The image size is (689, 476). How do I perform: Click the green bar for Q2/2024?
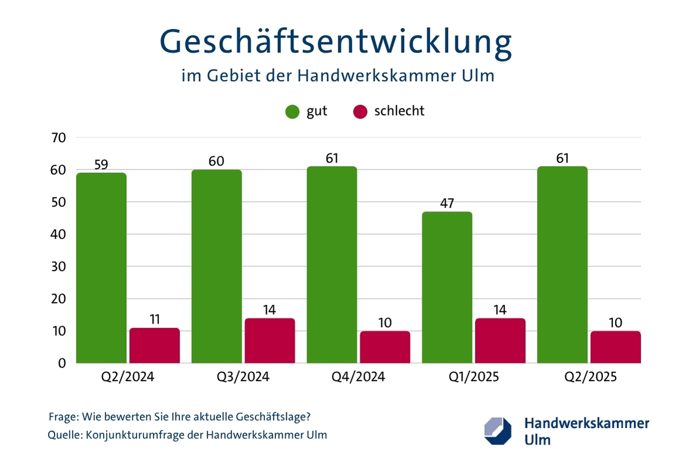tap(101, 268)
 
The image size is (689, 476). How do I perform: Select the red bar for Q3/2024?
tap(270, 341)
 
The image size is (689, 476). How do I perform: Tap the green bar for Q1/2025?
tap(447, 287)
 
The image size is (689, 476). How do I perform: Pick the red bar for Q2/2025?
tap(615, 347)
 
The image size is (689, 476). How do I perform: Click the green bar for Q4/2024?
tap(332, 265)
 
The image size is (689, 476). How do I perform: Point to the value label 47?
tap(447, 203)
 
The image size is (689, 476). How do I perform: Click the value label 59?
tap(101, 164)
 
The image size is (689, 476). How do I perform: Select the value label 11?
tap(155, 319)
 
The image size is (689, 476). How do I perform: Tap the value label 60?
tap(216, 161)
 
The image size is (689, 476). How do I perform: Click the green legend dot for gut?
tap(293, 111)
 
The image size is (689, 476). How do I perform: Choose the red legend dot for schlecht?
tap(360, 111)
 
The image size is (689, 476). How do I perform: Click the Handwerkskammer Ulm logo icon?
tap(498, 431)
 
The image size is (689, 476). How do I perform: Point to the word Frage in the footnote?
tap(63, 417)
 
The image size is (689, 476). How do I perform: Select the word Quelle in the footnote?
tap(65, 435)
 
